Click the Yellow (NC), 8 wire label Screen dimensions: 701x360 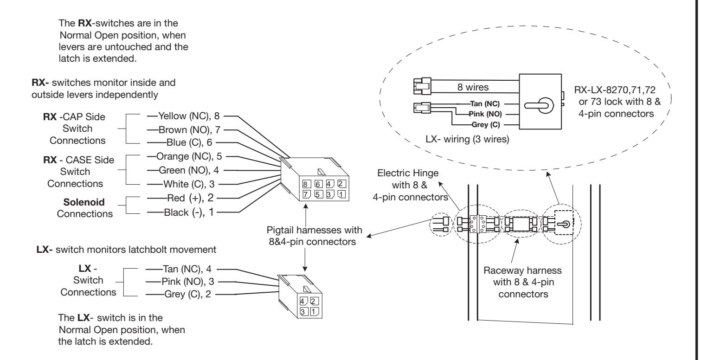coord(189,116)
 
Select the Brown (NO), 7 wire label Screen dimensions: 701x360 coord(189,129)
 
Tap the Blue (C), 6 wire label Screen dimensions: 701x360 coord(189,142)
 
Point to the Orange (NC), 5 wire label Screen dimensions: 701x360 coord(189,156)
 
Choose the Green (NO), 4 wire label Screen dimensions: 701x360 coord(189,170)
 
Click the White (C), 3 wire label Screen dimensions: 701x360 coord(189,184)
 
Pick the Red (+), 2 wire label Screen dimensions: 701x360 coord(190,198)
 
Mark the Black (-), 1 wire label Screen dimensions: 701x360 coord(189,212)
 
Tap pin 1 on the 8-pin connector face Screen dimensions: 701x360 coord(342,194)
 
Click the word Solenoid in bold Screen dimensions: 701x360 coord(84,202)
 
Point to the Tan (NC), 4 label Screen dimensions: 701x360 coord(187,269)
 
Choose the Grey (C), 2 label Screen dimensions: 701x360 coord(187,294)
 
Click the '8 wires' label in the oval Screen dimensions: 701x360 coord(473,87)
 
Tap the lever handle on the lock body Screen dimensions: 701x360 coord(539,105)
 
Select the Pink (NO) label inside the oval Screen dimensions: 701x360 coord(485,114)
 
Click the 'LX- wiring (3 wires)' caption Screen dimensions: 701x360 coord(467,139)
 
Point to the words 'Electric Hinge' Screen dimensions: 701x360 coord(408,173)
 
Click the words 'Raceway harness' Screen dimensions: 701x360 coord(522,270)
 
